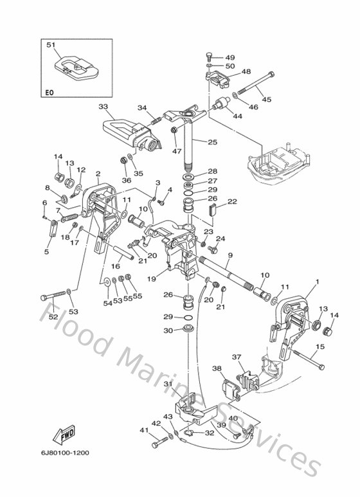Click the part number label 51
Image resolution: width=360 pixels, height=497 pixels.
click(x=51, y=45)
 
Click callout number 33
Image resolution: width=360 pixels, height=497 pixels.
click(x=103, y=106)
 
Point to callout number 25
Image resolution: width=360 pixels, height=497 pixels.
click(x=213, y=141)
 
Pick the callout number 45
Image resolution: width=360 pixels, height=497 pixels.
click(x=266, y=99)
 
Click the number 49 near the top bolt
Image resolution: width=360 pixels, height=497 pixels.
click(x=230, y=57)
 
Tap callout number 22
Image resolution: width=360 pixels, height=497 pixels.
click(x=232, y=201)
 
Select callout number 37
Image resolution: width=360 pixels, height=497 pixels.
click(x=236, y=357)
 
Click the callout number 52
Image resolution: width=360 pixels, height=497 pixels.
click(x=54, y=316)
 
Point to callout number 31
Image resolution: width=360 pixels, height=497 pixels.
click(x=168, y=384)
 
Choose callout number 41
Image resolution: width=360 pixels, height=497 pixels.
click(x=143, y=430)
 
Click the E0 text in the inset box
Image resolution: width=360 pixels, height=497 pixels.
click(x=50, y=93)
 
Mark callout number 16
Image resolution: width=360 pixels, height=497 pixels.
click(x=116, y=266)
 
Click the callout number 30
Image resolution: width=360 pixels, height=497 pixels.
click(x=168, y=330)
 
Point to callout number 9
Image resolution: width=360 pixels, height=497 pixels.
click(x=230, y=255)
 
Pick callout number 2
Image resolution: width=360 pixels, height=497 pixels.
click(x=98, y=174)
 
